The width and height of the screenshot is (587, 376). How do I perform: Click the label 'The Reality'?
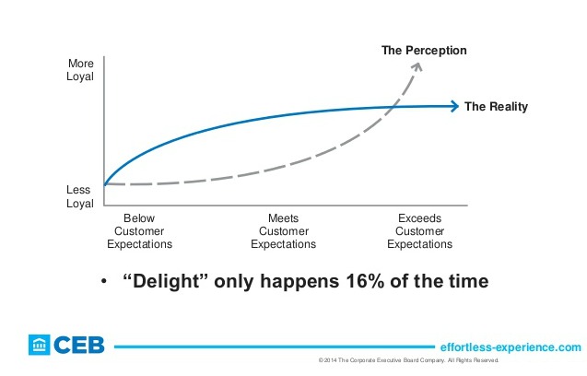click(496, 107)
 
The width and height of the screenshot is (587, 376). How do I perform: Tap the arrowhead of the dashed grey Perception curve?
click(417, 66)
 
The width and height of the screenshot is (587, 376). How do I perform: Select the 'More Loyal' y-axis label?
click(82, 72)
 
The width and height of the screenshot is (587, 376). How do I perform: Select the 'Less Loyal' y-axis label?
click(82, 197)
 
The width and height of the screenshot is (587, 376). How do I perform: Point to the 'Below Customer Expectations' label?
click(139, 231)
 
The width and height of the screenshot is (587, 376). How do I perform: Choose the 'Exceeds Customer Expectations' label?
click(419, 231)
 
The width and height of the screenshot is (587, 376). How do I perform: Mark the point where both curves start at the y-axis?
click(105, 184)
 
